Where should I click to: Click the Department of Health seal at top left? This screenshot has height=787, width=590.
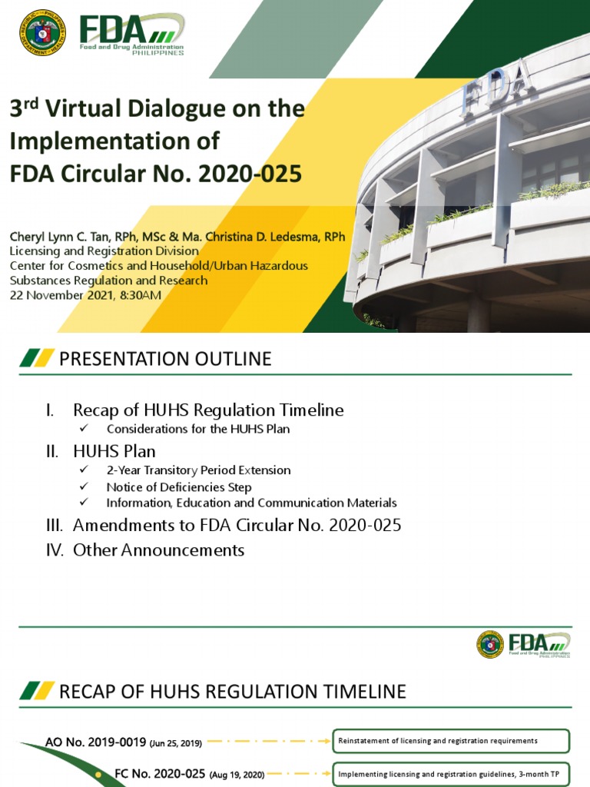tap(42, 32)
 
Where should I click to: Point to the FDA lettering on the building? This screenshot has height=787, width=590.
tap(498, 88)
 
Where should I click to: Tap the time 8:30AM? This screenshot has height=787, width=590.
tap(139, 295)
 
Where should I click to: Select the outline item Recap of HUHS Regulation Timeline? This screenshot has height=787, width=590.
tap(207, 410)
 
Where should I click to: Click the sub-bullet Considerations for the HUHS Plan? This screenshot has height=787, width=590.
tap(198, 429)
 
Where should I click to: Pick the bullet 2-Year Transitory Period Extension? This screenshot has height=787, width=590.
tap(198, 470)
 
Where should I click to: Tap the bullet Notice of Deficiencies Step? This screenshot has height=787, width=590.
tap(179, 486)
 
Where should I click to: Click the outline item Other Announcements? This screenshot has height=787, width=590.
tap(158, 550)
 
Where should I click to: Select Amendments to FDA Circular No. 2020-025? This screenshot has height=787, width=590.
tap(237, 526)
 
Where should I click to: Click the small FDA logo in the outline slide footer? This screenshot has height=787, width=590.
tap(524, 644)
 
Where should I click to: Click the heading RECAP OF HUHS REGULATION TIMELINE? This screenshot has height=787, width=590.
tap(233, 692)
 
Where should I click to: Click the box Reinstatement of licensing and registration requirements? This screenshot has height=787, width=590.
tap(451, 741)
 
